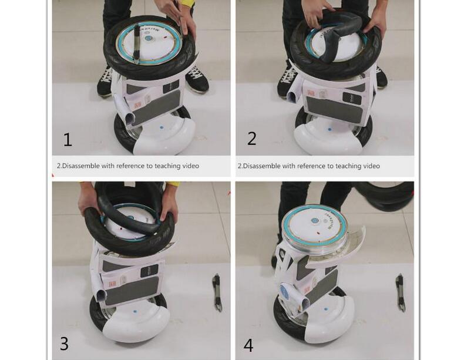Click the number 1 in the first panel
pyautogui.click(x=68, y=140)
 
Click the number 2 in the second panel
pyautogui.click(x=252, y=138)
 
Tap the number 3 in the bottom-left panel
pyautogui.click(x=64, y=344)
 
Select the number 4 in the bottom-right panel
pyautogui.click(x=248, y=345)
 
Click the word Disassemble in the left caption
pyautogui.click(x=81, y=166)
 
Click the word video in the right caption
pyautogui.click(x=369, y=166)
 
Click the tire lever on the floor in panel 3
pyautogui.click(x=217, y=292)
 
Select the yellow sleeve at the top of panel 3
pyautogui.click(x=170, y=187)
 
